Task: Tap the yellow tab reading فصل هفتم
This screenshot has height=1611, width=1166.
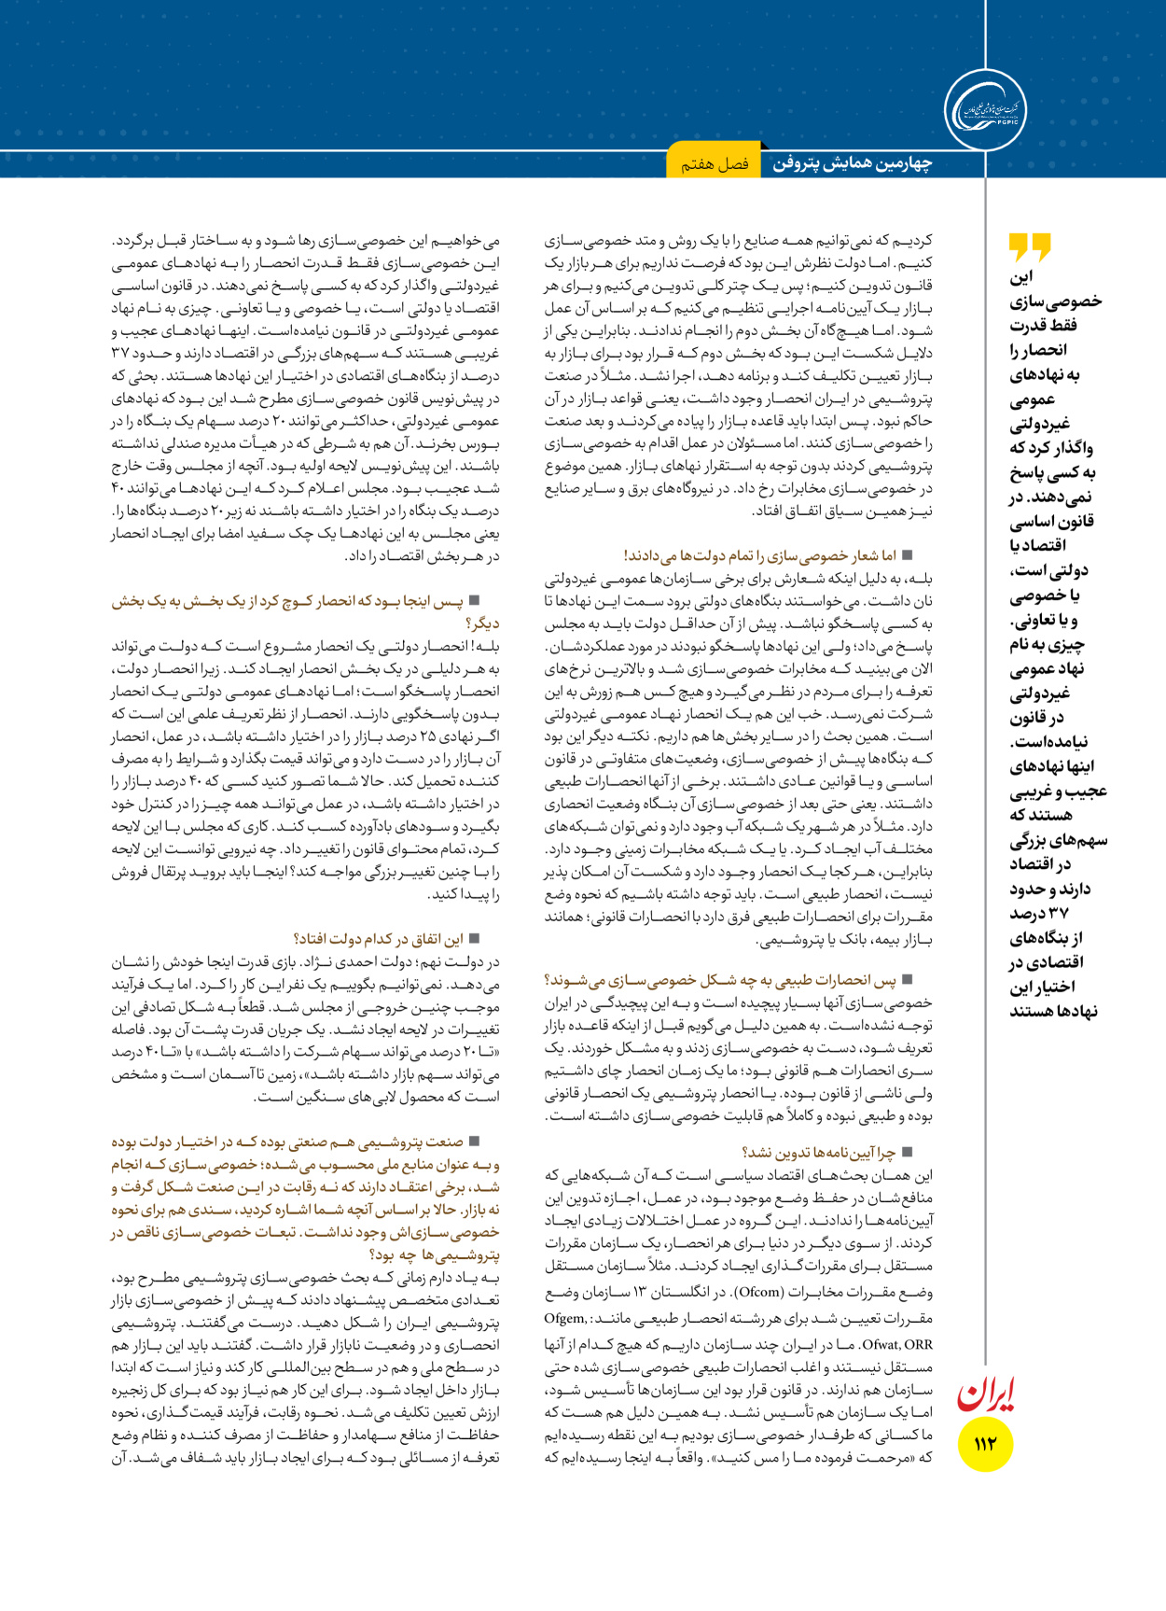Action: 715,163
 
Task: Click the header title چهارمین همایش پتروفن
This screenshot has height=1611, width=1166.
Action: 852,163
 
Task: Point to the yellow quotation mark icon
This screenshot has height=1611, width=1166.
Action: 1030,247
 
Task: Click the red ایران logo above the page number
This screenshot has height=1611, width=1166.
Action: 986,1394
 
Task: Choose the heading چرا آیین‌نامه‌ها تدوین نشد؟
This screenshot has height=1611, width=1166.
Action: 818,1153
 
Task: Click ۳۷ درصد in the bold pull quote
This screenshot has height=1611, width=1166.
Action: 1038,913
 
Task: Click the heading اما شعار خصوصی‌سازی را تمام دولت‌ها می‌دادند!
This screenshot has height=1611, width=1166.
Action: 758,555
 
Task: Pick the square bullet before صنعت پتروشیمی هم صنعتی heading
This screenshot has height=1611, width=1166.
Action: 474,1141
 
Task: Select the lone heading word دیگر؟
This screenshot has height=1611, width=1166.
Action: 482,623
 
